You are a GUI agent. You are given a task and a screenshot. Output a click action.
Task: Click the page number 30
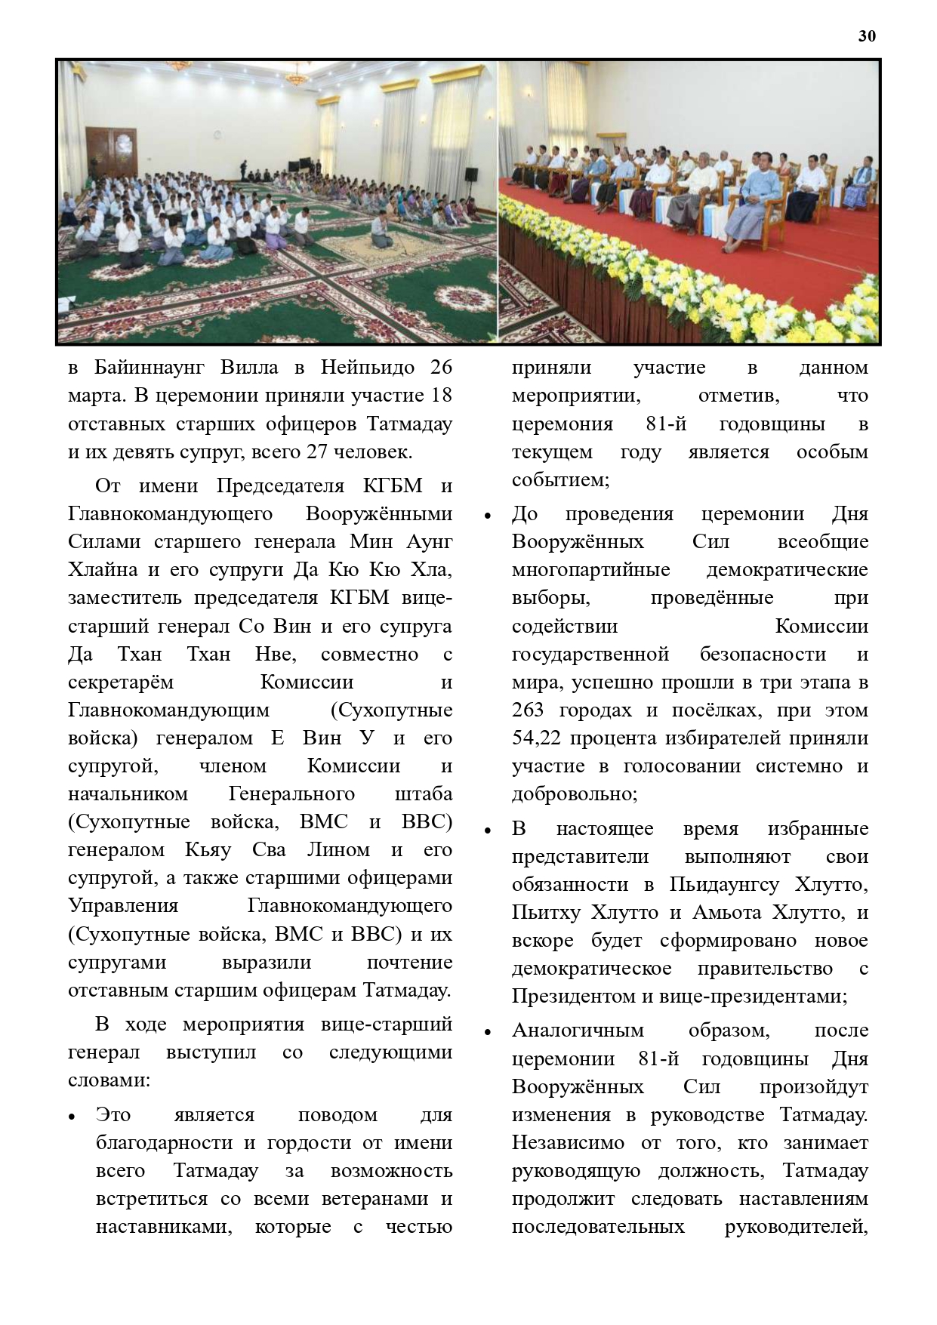868,36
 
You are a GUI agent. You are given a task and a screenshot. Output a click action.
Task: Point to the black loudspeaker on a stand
471,176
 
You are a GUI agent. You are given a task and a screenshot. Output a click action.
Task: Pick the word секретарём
121,682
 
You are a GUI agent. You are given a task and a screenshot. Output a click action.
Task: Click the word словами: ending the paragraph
109,1080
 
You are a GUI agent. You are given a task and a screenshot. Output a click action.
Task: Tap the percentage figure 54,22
537,738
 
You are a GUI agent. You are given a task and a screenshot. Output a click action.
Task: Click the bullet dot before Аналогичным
487,1032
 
